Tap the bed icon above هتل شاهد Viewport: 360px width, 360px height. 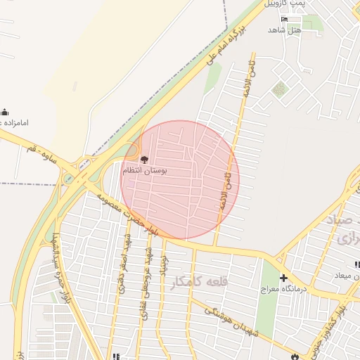click(x=284, y=19)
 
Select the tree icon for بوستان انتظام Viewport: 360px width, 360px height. click(x=145, y=160)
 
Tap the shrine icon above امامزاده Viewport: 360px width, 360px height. click(x=4, y=112)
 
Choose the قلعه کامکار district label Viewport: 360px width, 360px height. click(x=200, y=281)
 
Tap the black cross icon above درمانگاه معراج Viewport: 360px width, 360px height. click(x=283, y=278)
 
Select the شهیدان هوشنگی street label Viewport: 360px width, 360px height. click(x=226, y=317)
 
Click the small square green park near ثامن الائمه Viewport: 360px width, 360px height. click(x=281, y=89)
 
